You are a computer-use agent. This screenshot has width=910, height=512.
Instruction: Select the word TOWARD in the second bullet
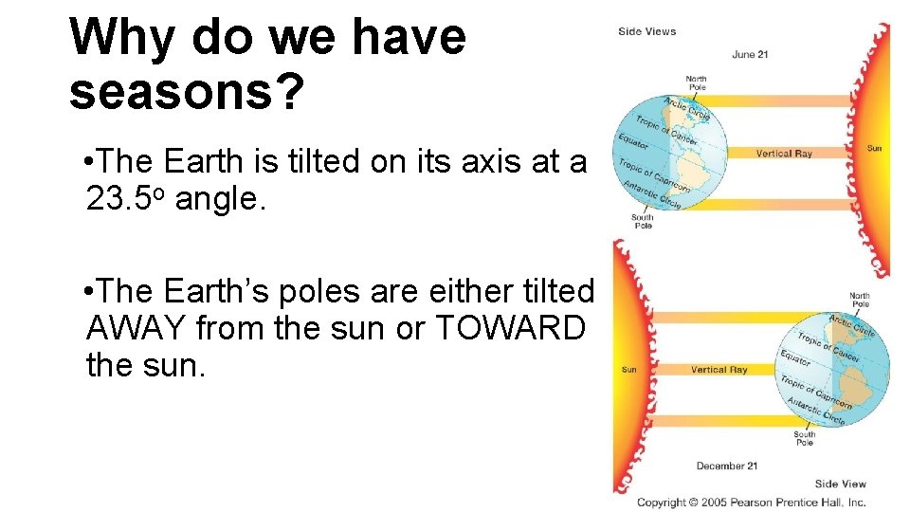[x=510, y=327]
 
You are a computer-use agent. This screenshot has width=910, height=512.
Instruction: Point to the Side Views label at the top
[x=646, y=31]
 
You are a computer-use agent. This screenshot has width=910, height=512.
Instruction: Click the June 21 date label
[x=750, y=54]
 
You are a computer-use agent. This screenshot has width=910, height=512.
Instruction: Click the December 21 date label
[x=726, y=466]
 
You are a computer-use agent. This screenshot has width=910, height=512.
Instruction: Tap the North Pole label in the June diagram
[x=696, y=82]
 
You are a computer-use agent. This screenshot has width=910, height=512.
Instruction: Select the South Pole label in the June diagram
[x=642, y=221]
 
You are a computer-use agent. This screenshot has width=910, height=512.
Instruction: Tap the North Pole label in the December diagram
[x=859, y=300]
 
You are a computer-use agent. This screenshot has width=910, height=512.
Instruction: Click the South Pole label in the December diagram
[x=804, y=438]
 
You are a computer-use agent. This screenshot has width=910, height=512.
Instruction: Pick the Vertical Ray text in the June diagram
[x=784, y=153]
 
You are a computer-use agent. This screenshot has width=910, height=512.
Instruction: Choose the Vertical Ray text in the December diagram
[x=719, y=370]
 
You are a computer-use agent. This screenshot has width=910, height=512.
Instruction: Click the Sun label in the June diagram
[x=874, y=148]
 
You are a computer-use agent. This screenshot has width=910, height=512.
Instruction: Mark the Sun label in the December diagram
[x=628, y=370]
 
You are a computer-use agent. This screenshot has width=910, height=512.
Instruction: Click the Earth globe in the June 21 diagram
[x=669, y=152]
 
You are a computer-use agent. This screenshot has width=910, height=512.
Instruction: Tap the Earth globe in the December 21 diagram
[x=832, y=369]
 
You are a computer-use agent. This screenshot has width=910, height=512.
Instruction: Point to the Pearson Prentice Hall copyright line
[x=751, y=502]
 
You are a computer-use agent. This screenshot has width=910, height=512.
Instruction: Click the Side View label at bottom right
[x=840, y=485]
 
